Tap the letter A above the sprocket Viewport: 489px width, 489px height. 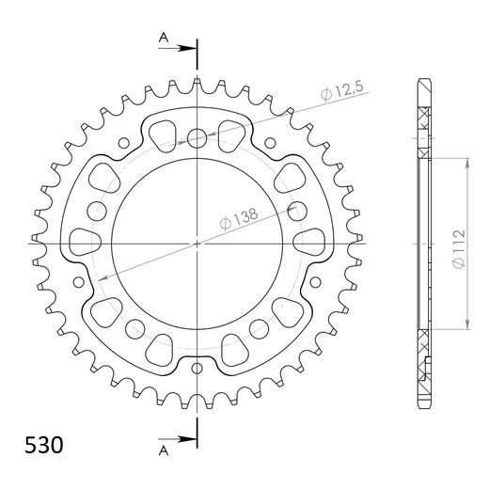tap(164, 38)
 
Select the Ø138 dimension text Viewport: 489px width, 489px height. tap(240, 218)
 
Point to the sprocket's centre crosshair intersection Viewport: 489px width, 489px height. tap(197, 243)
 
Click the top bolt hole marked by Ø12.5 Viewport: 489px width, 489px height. tap(197, 139)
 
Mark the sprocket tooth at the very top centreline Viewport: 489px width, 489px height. tap(197, 86)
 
